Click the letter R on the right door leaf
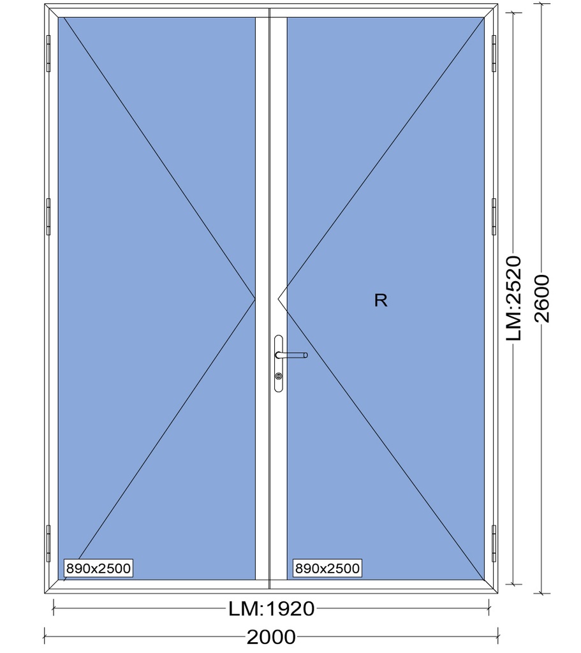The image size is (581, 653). (x=381, y=300)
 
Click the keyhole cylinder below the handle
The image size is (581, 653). (x=278, y=376)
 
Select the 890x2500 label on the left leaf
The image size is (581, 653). (x=98, y=568)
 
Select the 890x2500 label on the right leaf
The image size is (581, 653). (x=327, y=568)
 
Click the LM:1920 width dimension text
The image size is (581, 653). (x=271, y=609)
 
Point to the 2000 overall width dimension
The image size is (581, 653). (x=271, y=637)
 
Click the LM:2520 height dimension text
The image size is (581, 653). (x=513, y=298)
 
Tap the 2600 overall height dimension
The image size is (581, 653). (x=541, y=298)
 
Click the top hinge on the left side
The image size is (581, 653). (x=48, y=54)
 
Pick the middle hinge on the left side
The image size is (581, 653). (x=48, y=217)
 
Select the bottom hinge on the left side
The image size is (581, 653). (x=48, y=543)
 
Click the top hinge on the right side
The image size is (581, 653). (x=494, y=54)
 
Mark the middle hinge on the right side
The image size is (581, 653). (x=494, y=217)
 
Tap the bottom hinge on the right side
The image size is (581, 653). (x=494, y=543)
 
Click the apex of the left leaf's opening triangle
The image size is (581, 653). (x=255, y=298)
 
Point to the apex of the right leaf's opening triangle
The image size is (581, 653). (x=278, y=298)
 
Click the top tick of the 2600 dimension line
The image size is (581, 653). (x=541, y=4)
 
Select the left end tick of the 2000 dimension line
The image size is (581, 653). (x=45, y=637)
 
